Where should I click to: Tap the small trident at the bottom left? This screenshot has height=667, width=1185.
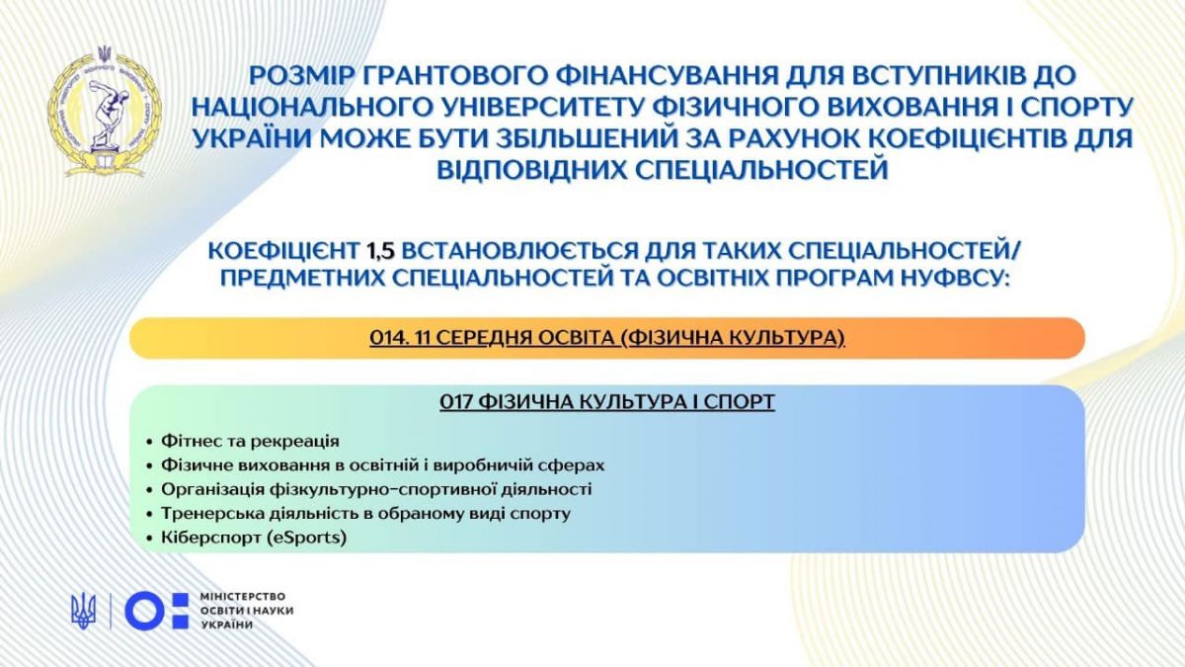click(84, 611)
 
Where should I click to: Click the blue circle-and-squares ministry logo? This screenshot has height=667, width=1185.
click(157, 611)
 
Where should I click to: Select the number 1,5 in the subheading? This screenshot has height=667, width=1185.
click(380, 251)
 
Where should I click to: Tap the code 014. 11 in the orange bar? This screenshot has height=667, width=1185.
click(400, 337)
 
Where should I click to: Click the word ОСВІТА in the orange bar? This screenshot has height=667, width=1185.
click(578, 337)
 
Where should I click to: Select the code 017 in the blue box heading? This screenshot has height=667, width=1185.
click(456, 402)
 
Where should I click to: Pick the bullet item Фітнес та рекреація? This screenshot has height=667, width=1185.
click(250, 441)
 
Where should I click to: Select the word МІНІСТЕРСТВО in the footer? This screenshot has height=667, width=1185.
click(243, 597)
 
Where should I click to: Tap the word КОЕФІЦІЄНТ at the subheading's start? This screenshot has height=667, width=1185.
click(283, 251)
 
